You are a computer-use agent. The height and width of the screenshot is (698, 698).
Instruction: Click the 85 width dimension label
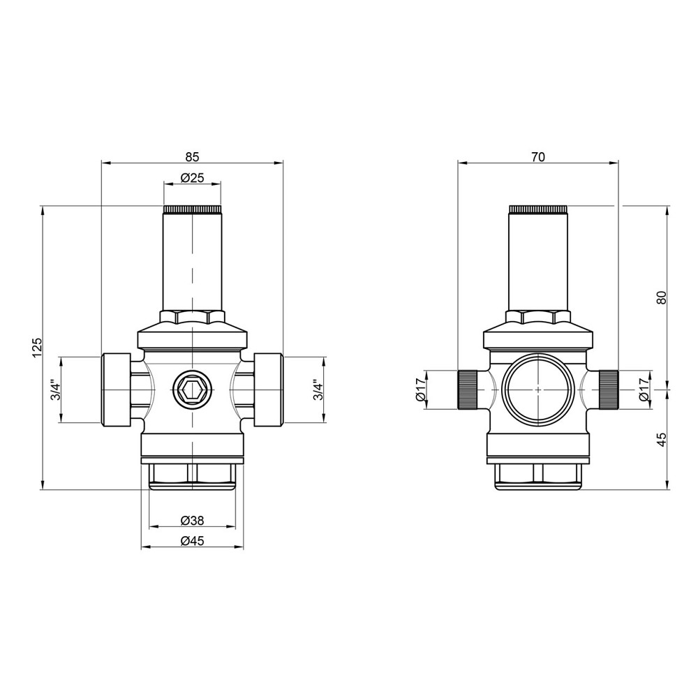(x=193, y=156)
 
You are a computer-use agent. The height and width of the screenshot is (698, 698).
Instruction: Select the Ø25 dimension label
(x=193, y=177)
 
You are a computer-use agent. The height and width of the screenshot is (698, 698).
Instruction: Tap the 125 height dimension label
(x=37, y=347)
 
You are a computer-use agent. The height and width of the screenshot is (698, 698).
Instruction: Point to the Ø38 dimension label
(x=193, y=520)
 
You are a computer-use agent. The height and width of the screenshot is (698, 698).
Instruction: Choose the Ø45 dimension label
(x=193, y=540)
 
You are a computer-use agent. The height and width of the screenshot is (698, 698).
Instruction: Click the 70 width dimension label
(x=537, y=156)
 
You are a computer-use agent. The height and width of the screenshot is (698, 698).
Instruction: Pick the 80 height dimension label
(x=662, y=297)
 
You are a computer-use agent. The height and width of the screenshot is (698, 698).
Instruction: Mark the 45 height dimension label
(x=662, y=439)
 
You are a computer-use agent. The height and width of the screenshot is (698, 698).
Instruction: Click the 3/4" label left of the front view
(x=55, y=389)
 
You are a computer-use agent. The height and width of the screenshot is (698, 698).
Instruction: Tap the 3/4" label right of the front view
(x=317, y=389)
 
